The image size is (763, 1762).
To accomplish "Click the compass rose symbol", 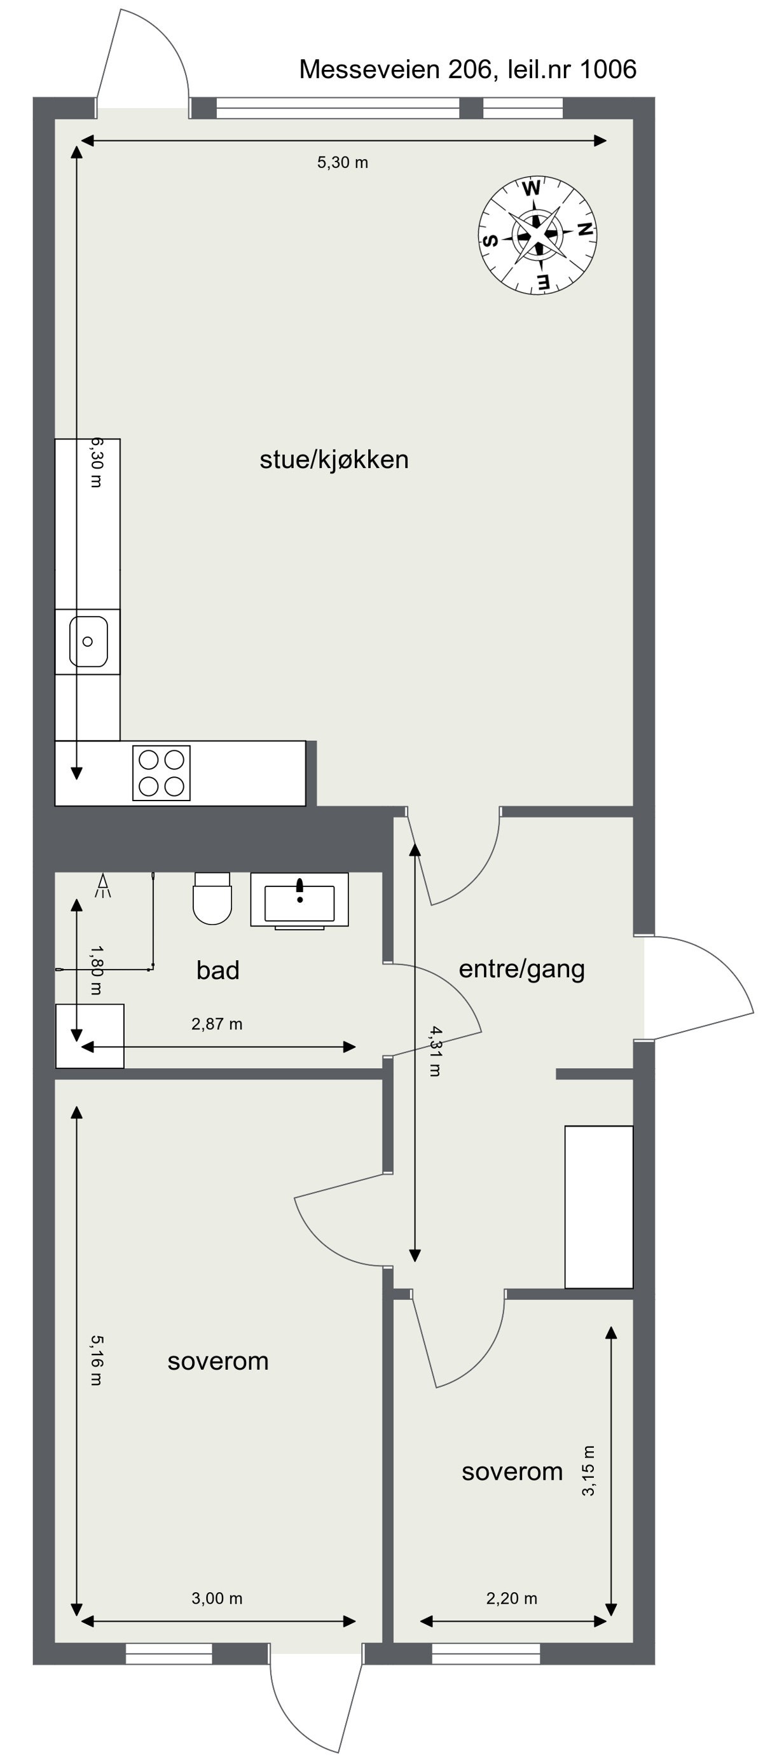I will pyautogui.click(x=537, y=235).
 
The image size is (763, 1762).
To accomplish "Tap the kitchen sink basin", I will pyautogui.click(x=88, y=641).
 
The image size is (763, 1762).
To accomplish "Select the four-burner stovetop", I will pyautogui.click(x=162, y=773).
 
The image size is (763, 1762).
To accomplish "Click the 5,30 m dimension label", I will pyautogui.click(x=343, y=163).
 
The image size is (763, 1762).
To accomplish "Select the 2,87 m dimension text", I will pyautogui.click(x=217, y=1024).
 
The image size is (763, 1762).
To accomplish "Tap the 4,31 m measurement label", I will pyautogui.click(x=435, y=1051).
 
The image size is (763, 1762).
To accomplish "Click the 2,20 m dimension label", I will pyautogui.click(x=511, y=1599).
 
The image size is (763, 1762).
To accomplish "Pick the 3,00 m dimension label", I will pyautogui.click(x=217, y=1599).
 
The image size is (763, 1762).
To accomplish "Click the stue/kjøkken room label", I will pyautogui.click(x=334, y=460).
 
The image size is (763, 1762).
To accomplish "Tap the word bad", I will pyautogui.click(x=217, y=970).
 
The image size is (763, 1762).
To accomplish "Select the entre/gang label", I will pyautogui.click(x=521, y=969).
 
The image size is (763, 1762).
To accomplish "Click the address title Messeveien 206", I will pyautogui.click(x=467, y=69).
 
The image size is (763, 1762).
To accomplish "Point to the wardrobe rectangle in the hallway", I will pyautogui.click(x=598, y=1207).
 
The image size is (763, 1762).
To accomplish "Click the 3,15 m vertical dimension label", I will pyautogui.click(x=589, y=1471).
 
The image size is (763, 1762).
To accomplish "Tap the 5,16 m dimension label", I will pyautogui.click(x=97, y=1361).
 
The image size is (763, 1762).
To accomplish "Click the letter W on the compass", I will pyautogui.click(x=531, y=188).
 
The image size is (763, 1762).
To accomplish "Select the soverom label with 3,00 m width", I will pyautogui.click(x=217, y=1361).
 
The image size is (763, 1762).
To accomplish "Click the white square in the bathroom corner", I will pyautogui.click(x=90, y=1036).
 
